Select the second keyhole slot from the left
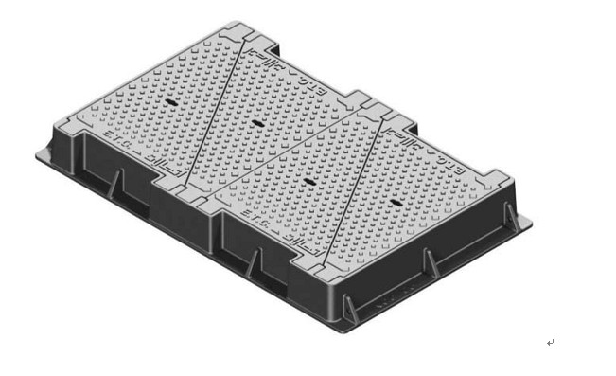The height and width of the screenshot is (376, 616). pos(256,122)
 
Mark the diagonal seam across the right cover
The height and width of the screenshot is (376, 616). pos(355,189)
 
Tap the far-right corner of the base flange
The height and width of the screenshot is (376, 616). pos(530,222)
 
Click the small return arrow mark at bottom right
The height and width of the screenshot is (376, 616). pos(550,342)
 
